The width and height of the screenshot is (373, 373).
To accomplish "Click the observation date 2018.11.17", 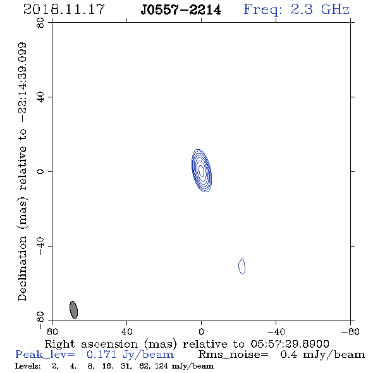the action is click(x=64, y=9).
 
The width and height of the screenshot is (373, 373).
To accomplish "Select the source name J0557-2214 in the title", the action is click(x=181, y=9).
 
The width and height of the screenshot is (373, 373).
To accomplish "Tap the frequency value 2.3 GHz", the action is click(x=320, y=9).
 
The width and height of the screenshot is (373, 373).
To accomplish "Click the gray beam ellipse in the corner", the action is click(x=73, y=310).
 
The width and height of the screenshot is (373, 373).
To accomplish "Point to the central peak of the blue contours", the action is click(x=201, y=171).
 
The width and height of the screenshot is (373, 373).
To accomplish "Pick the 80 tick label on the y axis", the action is click(x=40, y=23).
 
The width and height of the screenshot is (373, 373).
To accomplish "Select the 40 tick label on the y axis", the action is click(x=40, y=97).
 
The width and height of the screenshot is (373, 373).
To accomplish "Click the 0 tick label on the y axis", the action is click(x=40, y=171).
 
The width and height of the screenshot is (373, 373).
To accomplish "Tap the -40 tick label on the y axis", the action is click(x=40, y=246).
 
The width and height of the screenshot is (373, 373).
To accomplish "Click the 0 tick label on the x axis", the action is click(x=201, y=332).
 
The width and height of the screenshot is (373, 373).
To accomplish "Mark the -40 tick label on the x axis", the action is click(x=276, y=332).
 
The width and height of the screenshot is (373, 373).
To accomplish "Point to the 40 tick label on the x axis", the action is click(x=126, y=332).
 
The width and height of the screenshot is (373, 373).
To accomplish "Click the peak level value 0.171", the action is click(x=101, y=355).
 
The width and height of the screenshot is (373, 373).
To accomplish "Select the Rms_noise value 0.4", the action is click(x=288, y=355).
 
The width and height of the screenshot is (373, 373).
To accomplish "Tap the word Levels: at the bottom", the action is click(x=28, y=366).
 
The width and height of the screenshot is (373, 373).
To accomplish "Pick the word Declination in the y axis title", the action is click(x=22, y=269).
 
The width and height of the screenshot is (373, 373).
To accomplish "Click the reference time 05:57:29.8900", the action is click(x=290, y=344).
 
